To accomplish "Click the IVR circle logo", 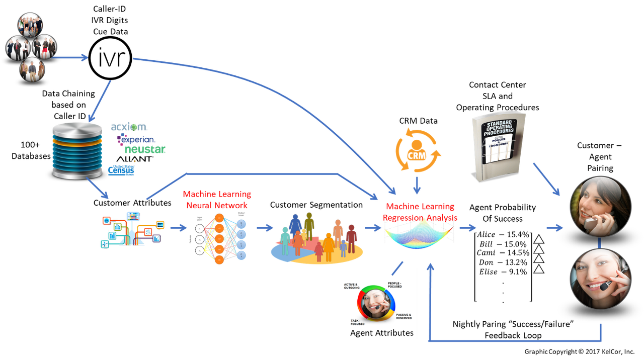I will (110, 58).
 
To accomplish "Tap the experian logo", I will (136, 139).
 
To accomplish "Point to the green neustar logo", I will (144, 149).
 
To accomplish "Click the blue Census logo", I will (121, 171).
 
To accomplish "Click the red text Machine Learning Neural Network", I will (217, 200).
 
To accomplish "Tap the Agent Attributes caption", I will (382, 333).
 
